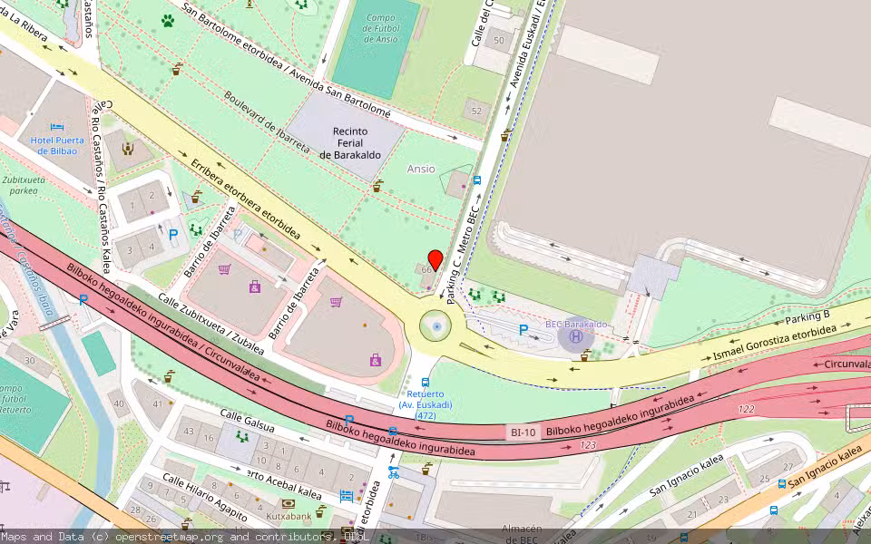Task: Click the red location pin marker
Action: (x=435, y=259)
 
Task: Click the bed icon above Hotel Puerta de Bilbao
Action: (x=57, y=128)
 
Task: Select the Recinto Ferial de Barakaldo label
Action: (x=349, y=143)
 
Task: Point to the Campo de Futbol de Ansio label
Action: (x=380, y=28)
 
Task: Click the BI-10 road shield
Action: (x=522, y=432)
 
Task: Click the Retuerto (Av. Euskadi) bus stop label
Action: (x=426, y=404)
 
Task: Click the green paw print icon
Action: (x=168, y=20)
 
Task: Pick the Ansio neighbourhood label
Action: (x=421, y=169)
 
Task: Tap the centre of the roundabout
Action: (x=437, y=326)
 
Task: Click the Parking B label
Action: (x=807, y=316)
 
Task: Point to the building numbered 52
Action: (x=477, y=111)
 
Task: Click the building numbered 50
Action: (x=499, y=40)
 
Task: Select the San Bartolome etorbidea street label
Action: (x=285, y=59)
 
